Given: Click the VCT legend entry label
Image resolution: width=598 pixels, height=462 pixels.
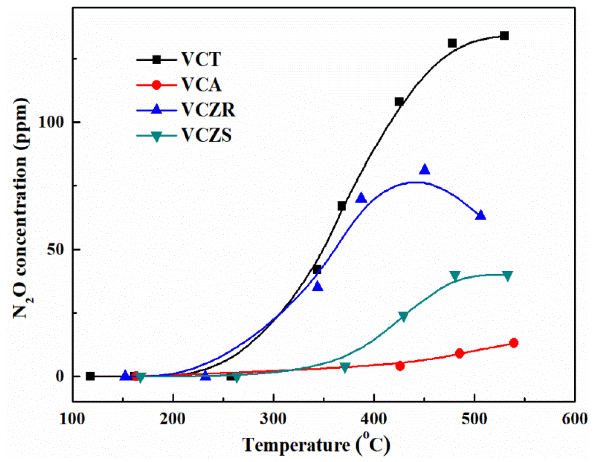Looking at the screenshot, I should pyautogui.click(x=201, y=59).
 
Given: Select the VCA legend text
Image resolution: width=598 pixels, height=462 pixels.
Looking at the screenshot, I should pyautogui.click(x=201, y=85).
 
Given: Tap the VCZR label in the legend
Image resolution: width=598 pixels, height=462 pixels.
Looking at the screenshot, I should pyautogui.click(x=208, y=110).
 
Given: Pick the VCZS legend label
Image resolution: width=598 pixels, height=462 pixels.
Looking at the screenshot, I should pyautogui.click(x=206, y=135).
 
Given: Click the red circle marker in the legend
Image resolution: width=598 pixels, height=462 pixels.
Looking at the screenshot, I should pyautogui.click(x=157, y=85).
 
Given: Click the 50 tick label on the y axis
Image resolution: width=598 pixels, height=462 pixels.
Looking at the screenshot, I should pyautogui.click(x=55, y=249).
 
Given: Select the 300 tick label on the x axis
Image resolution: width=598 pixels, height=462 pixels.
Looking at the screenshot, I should pyautogui.click(x=273, y=419).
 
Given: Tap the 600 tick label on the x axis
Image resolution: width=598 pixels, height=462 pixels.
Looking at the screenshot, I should pyautogui.click(x=574, y=419).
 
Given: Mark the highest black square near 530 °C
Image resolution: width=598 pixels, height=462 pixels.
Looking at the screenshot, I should pyautogui.click(x=504, y=36).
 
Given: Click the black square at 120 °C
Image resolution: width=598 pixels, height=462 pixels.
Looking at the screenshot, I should pyautogui.click(x=90, y=376).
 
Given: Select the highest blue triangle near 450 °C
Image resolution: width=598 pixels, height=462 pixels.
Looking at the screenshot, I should pyautogui.click(x=424, y=170).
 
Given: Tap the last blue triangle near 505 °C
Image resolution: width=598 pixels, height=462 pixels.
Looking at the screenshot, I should pyautogui.click(x=480, y=215).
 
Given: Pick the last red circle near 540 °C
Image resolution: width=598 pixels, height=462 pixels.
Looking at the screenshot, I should pyautogui.click(x=514, y=343).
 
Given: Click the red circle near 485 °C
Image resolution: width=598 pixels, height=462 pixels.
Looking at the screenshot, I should pyautogui.click(x=460, y=353).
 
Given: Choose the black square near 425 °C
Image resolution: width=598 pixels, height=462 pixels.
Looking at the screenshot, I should pyautogui.click(x=399, y=102).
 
